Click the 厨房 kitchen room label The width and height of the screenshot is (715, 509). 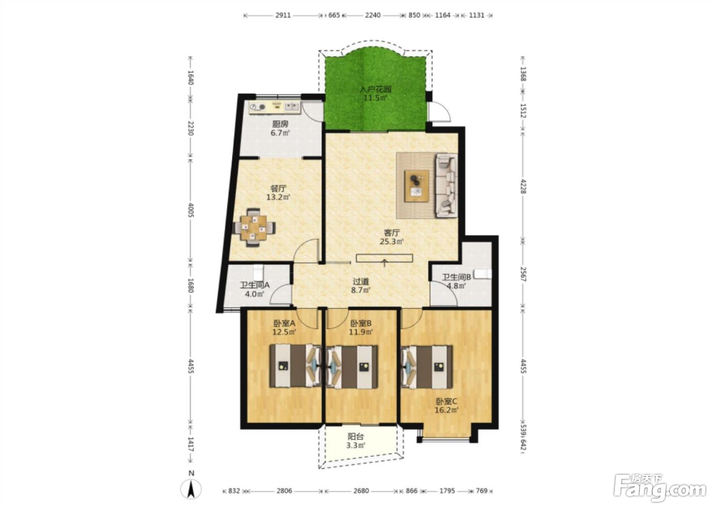click(x=280, y=124)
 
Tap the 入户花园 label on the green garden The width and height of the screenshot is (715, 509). click(x=376, y=89)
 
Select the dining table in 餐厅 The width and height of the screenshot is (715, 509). click(x=254, y=228)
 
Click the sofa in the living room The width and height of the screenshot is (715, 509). click(x=446, y=185)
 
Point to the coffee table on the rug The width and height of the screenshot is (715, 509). click(x=417, y=186)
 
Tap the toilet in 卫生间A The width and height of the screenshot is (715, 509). click(x=258, y=272)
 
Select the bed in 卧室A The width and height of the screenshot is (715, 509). click(x=296, y=366)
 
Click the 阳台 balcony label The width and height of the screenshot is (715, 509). click(x=355, y=436)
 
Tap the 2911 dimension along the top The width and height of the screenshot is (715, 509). click(x=283, y=15)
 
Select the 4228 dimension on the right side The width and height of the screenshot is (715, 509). click(x=523, y=186)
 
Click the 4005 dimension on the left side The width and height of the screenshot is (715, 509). click(x=190, y=210)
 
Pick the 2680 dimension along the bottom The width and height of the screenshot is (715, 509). click(x=361, y=491)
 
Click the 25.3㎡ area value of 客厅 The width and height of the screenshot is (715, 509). click(x=392, y=241)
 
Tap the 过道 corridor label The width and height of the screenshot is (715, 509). click(x=361, y=282)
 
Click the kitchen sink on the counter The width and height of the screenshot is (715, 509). click(x=68, y=106)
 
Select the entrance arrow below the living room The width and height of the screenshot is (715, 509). click(x=385, y=263)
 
